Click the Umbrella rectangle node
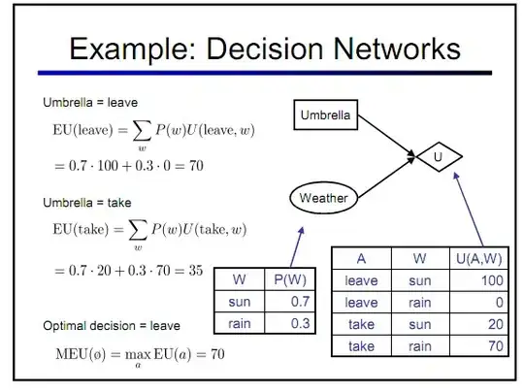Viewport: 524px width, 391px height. [x=326, y=116]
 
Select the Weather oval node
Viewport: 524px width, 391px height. [x=323, y=198]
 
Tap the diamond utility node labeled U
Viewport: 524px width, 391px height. [x=438, y=155]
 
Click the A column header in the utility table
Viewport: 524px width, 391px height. [x=360, y=259]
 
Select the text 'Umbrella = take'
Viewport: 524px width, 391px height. [x=86, y=203]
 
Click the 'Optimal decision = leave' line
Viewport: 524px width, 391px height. [x=111, y=325]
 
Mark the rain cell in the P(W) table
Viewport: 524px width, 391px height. [x=239, y=323]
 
